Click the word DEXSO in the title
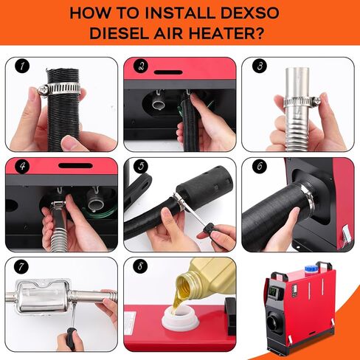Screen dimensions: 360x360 click(249, 13)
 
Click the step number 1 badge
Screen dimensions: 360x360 click(22, 66)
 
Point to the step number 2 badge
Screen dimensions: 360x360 click(141, 66)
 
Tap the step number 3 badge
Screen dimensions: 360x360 click(260, 66)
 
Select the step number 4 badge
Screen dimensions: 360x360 click(22, 166)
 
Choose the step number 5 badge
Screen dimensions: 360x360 click(141, 166)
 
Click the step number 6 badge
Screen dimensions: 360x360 click(260, 166)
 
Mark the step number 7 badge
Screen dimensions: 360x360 click(21, 266)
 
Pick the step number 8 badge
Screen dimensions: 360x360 click(140, 266)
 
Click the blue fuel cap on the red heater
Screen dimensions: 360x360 click(311, 269)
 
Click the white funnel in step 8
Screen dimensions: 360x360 click(179, 319)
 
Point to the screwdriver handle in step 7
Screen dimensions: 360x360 click(71, 339)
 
